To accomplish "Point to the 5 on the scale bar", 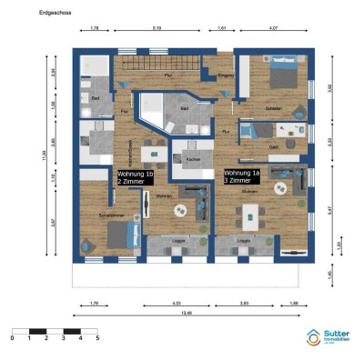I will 96,337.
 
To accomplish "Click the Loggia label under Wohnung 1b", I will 179,240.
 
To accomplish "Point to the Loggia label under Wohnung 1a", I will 244,240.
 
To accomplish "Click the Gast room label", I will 272,145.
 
